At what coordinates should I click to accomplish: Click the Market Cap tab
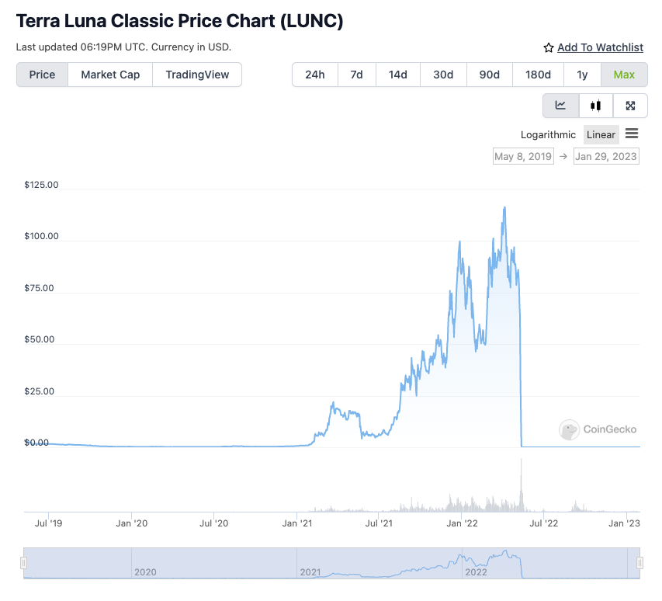110,75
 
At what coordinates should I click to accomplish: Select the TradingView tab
197,75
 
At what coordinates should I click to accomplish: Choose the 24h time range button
315,75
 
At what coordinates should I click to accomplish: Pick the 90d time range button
490,75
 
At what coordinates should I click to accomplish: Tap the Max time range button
624,75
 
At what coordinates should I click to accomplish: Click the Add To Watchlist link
600,47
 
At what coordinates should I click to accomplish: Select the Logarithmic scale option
548,134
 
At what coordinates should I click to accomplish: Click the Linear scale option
601,134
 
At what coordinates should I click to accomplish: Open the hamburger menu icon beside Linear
632,134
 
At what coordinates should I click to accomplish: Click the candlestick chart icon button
596,106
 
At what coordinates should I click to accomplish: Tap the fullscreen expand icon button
630,106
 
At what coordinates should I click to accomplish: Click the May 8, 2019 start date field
523,156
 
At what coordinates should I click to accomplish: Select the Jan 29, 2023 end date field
606,156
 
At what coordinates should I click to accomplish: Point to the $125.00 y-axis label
42,185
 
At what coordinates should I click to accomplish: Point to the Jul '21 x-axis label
379,523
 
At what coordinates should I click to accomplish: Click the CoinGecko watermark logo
598,429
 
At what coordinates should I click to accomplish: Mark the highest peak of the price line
505,207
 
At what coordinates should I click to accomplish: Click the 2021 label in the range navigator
310,571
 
